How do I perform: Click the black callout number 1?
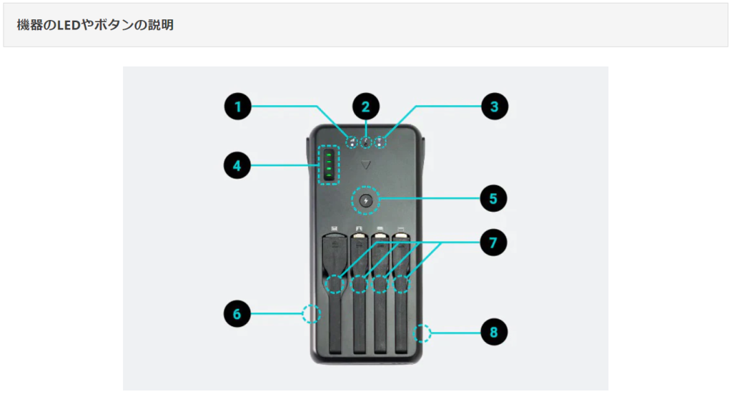[x=238, y=107]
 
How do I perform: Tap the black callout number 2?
[x=366, y=107]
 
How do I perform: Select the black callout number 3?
[x=494, y=107]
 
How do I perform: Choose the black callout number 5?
[x=494, y=197]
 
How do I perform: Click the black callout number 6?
[x=238, y=313]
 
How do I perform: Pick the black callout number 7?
[x=494, y=242]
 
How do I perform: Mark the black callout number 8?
[x=494, y=332]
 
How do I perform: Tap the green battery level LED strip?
[x=329, y=165]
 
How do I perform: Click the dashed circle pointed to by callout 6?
[x=310, y=313]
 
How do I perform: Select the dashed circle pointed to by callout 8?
[x=422, y=333]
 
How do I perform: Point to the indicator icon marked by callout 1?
[x=352, y=141]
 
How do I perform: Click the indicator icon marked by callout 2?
[x=366, y=141]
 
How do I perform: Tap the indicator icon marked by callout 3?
[x=380, y=141]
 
